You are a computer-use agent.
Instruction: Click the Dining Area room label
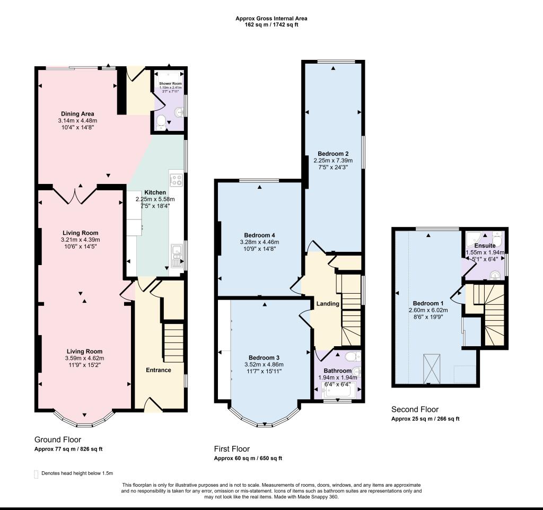77,113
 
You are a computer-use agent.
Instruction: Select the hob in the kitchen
176,179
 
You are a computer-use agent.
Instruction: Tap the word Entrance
159,370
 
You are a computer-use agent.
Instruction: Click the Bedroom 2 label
333,154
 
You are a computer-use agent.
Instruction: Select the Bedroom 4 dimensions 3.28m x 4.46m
259,242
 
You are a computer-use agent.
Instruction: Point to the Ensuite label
485,246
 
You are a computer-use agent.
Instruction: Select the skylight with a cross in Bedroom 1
432,367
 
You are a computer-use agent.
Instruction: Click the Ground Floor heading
58,439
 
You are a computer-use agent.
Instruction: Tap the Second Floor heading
415,409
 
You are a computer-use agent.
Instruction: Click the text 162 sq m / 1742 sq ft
271,24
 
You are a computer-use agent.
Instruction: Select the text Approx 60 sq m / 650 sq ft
248,458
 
